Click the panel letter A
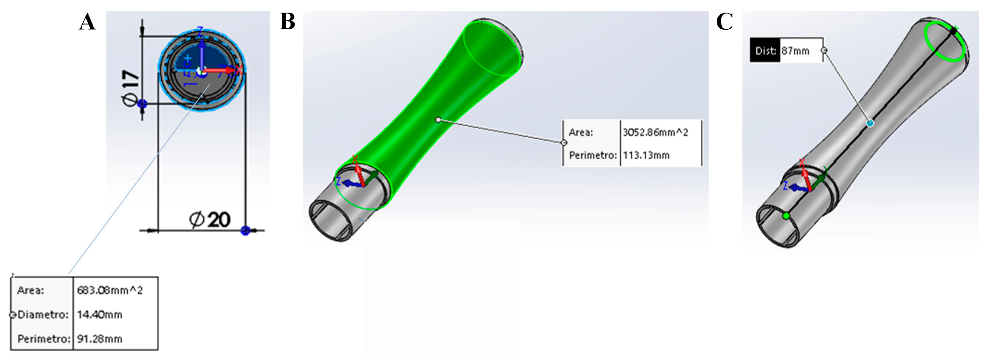tap(87, 22)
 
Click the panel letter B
tap(288, 22)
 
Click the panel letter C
tap(725, 22)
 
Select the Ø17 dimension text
tap(130, 88)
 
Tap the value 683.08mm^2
tap(110, 290)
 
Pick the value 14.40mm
tap(99, 315)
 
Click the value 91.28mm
tap(99, 339)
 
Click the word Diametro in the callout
tap(43, 315)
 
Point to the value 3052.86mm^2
tap(655, 133)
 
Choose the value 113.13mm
tap(646, 155)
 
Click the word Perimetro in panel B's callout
tap(592, 155)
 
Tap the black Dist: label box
tap(765, 51)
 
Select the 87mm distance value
tap(795, 51)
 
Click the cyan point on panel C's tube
tap(870, 123)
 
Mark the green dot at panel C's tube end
tap(786, 216)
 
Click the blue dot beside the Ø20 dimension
tap(245, 231)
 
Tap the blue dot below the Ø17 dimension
tap(142, 103)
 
